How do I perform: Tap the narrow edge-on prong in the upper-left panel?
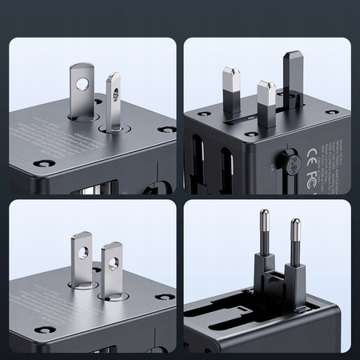coord(114,100)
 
